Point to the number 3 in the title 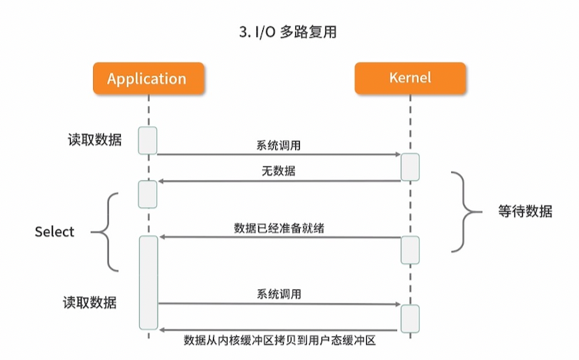pyautogui.click(x=245, y=33)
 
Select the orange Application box pyautogui.click(x=147, y=78)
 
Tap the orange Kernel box pyautogui.click(x=410, y=78)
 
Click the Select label pyautogui.click(x=55, y=232)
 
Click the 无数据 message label pyautogui.click(x=278, y=172)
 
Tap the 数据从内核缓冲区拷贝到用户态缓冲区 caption pyautogui.click(x=279, y=340)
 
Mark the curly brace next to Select pyautogui.click(x=107, y=232)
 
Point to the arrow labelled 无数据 pyautogui.click(x=278, y=182)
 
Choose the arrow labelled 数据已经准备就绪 pyautogui.click(x=278, y=238)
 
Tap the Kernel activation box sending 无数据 pyautogui.click(x=410, y=167)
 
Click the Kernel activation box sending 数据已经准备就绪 pyautogui.click(x=410, y=249)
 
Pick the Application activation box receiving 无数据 pyautogui.click(x=148, y=194)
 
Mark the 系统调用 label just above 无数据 pyautogui.click(x=278, y=145)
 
